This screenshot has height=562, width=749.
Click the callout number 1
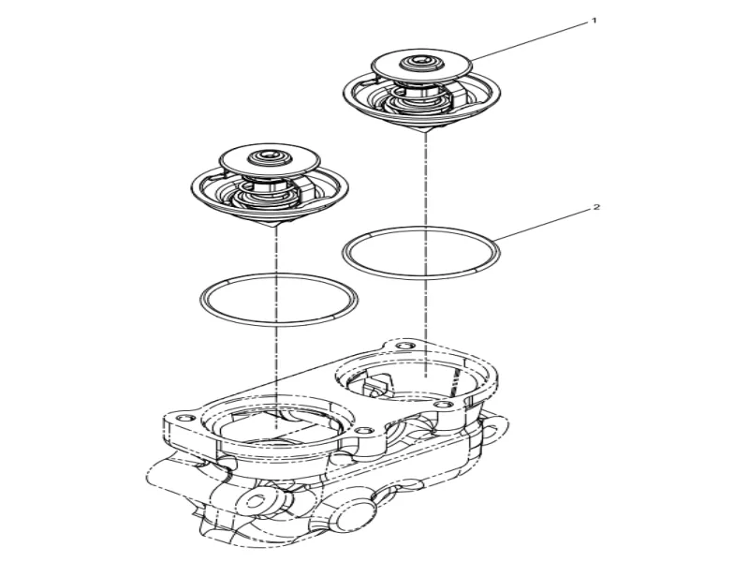pos(595,21)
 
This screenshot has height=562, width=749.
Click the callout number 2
pos(596,207)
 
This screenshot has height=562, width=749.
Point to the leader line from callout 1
pos(529,41)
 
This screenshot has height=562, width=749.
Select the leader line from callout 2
pos(542,225)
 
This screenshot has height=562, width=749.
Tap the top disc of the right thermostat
pos(422,65)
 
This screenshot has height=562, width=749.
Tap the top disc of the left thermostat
pos(270,158)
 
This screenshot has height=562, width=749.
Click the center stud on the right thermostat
pos(421,61)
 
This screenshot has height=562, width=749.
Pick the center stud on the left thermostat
pos(269,155)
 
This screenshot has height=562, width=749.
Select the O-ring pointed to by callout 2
pos(421,253)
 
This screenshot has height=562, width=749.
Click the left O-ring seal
pos(279,300)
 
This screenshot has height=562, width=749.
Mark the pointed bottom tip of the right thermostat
pos(425,132)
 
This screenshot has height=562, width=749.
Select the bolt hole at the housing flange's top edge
pos(404,346)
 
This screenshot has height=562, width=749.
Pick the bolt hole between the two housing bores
pos(363,430)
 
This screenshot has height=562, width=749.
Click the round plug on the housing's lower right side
pos(355,510)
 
